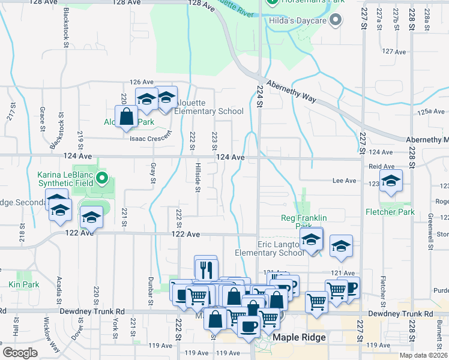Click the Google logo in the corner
click(x=20, y=352)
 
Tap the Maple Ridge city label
click(x=299, y=337)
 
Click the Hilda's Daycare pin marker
click(x=336, y=21)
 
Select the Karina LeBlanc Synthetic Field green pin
click(x=102, y=178)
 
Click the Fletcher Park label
click(x=390, y=212)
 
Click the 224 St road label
click(x=261, y=96)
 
